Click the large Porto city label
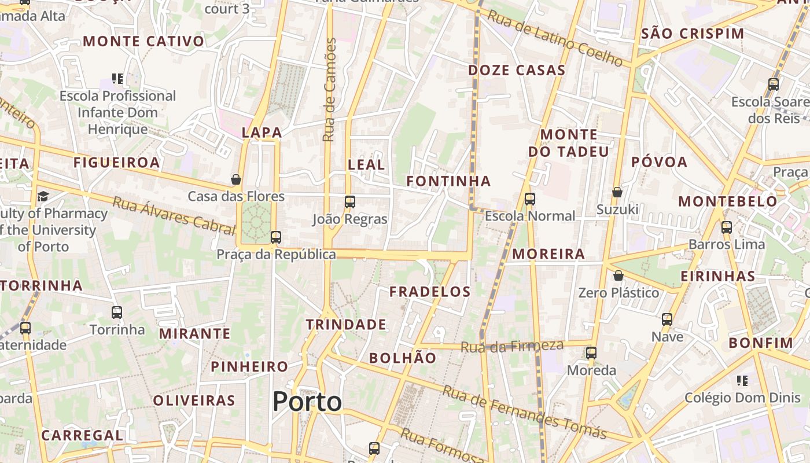[x=307, y=402]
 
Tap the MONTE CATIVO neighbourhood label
[x=144, y=41]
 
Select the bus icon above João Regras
[x=350, y=202]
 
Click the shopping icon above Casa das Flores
[x=236, y=179]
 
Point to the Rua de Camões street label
[x=329, y=90]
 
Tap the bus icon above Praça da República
[x=276, y=237]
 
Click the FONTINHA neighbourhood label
[x=448, y=181]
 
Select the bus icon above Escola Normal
[x=530, y=199]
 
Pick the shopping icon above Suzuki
[x=617, y=192]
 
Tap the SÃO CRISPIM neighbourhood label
[x=693, y=34]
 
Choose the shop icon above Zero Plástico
[x=618, y=275]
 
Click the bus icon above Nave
[x=667, y=319]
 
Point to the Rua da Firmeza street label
[x=512, y=346]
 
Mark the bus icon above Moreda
[x=591, y=352]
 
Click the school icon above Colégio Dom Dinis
[x=742, y=380]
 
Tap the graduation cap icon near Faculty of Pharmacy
[x=43, y=197]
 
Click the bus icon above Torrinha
[x=117, y=313]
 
